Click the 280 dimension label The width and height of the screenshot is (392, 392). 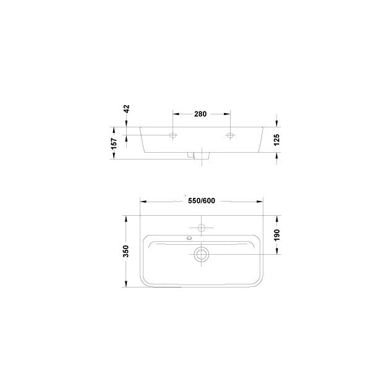(x=200, y=114)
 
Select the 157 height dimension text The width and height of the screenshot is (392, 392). (x=113, y=142)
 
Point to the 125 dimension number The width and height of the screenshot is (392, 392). (x=277, y=140)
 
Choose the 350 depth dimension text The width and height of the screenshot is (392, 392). (x=126, y=251)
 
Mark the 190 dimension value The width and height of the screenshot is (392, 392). (x=277, y=236)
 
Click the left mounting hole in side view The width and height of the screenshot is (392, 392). (x=173, y=135)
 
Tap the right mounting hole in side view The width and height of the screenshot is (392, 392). (x=231, y=135)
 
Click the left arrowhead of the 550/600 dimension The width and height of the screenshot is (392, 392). (x=144, y=201)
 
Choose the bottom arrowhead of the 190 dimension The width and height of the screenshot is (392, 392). (x=277, y=251)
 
